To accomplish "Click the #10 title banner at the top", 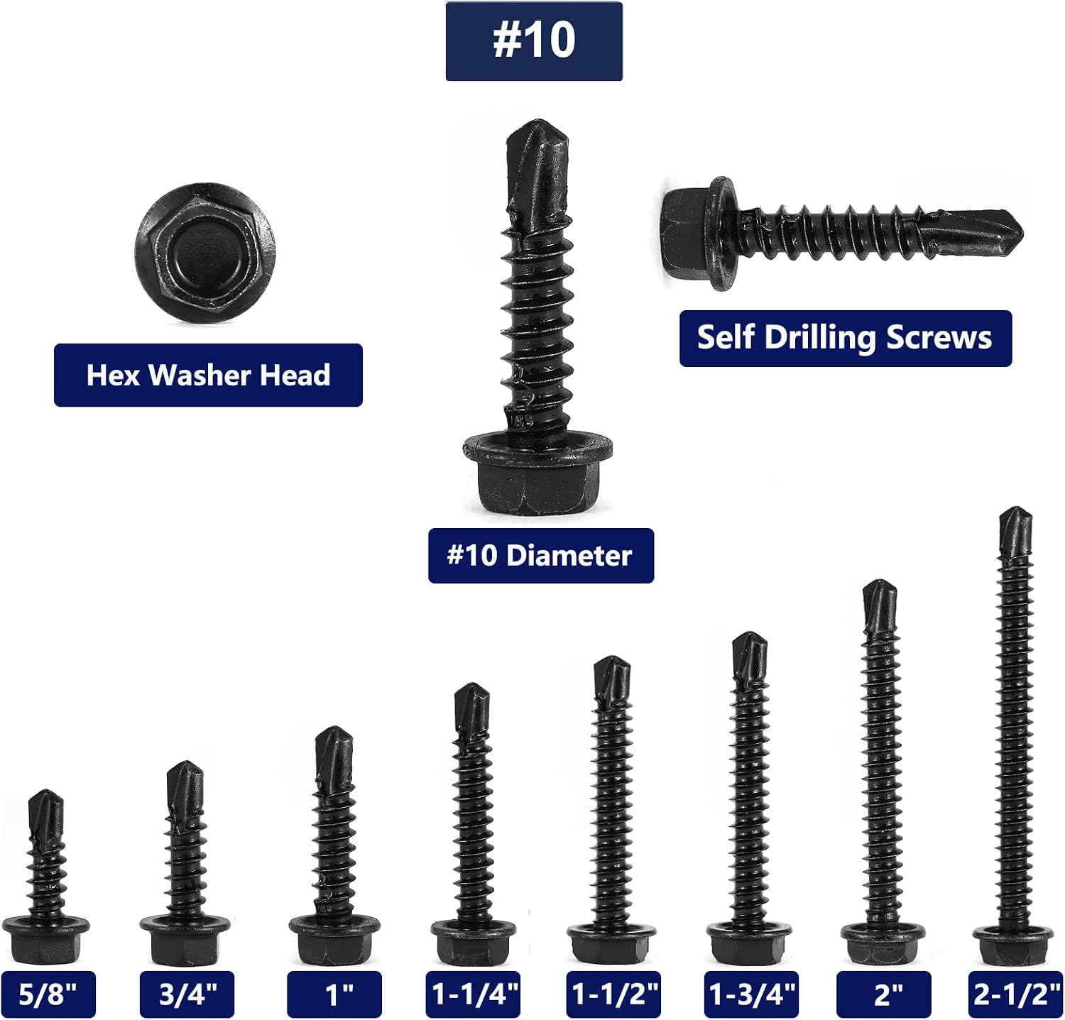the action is point(534,41).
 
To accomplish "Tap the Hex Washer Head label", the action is point(208,375).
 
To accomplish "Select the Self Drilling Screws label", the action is point(845,338).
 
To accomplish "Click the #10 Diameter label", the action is point(540,556).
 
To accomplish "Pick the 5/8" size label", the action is point(48,994).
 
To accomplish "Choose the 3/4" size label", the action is point(187,994).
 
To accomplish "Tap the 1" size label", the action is point(334,994).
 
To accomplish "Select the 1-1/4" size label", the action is point(474,994).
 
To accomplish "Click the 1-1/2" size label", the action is point(613,994).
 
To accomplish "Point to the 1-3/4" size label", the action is point(752,994).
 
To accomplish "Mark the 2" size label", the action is point(884,994).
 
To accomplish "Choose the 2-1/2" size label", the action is point(1016,994).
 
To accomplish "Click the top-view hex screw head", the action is point(205,254).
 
